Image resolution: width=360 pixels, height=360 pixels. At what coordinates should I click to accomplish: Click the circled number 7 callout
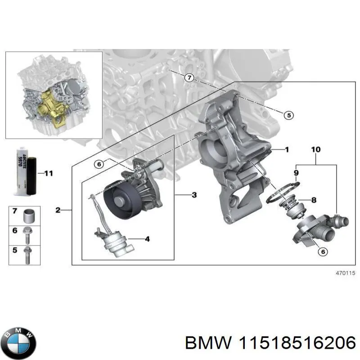point(189,78)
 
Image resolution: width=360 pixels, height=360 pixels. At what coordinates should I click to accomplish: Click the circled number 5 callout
point(289,116)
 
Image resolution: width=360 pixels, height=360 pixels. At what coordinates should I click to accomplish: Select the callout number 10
point(315,149)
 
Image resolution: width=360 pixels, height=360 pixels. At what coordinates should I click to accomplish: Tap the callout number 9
point(296,172)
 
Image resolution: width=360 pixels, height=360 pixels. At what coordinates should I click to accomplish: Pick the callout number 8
point(314,200)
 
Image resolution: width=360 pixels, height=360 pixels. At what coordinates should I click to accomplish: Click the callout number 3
point(193,195)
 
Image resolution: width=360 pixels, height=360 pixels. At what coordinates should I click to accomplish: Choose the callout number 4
point(147,238)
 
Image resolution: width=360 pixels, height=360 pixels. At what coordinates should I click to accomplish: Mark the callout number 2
point(58,210)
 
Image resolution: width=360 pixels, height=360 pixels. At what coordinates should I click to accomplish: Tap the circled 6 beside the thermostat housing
point(322,252)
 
